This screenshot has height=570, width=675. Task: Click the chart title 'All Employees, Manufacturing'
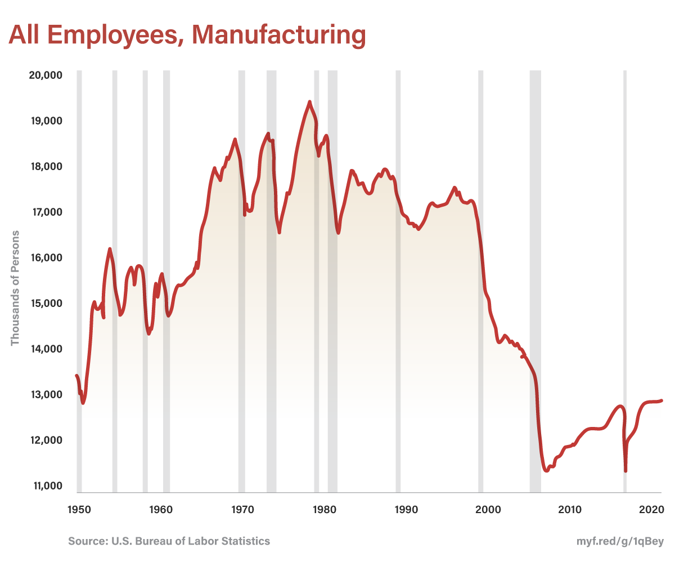coord(187,35)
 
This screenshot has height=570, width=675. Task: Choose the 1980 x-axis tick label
coord(324,510)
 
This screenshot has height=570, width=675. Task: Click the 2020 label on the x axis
coord(652,510)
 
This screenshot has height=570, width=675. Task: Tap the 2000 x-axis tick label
coord(488,510)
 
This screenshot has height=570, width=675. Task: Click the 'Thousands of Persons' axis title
coord(15,288)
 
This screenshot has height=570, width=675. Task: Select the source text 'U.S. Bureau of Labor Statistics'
coord(191,541)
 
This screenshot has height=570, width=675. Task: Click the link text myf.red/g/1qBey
coord(620,542)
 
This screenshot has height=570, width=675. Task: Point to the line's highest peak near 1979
coord(309,102)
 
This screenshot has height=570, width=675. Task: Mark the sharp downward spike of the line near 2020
coord(626,471)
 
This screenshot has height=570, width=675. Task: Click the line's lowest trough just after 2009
coord(546,470)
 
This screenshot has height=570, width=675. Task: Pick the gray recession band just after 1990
coord(398,282)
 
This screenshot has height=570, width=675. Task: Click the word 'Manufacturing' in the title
coord(279,35)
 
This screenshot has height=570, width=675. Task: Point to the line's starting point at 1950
coord(76,375)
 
